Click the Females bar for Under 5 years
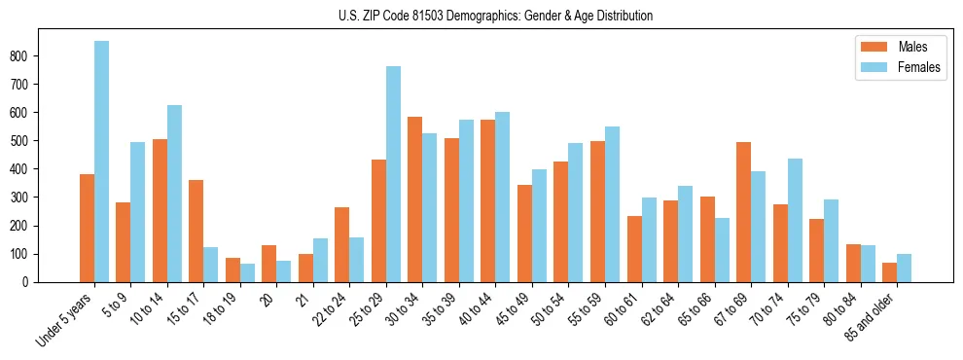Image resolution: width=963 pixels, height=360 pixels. coord(101,162)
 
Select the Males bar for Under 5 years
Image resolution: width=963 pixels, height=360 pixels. coord(87,229)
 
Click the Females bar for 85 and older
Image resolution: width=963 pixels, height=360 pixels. coord(904,269)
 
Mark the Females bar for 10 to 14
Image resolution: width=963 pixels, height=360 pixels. coord(174,194)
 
